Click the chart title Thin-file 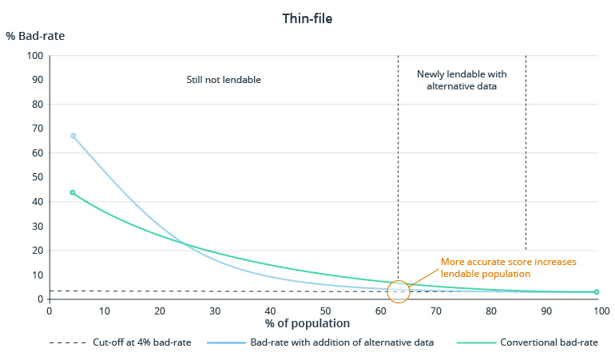point(307,18)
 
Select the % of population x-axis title point(307,323)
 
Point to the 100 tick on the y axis point(34,56)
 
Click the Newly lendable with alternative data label point(462,80)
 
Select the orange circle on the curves point(398,291)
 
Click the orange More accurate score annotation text point(508,267)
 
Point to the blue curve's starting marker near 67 point(73,136)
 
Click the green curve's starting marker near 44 point(73,192)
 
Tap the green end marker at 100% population point(596,292)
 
